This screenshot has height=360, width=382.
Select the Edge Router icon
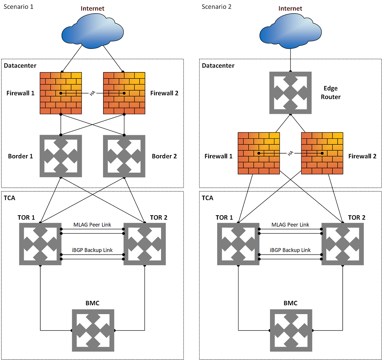click(291, 93)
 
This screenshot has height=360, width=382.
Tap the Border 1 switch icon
click(61, 156)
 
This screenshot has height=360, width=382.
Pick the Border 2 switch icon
click(124, 156)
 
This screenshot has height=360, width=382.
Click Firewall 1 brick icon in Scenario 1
click(61, 93)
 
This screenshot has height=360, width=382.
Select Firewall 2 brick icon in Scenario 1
click(124, 93)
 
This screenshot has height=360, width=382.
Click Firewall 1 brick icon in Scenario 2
click(259, 153)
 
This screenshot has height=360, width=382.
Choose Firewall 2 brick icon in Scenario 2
click(322, 153)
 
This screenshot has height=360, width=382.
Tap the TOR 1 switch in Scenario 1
click(40, 244)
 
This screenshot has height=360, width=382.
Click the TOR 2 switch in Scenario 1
click(145, 244)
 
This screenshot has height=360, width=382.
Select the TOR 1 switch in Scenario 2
click(238, 244)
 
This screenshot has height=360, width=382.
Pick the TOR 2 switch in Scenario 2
click(343, 244)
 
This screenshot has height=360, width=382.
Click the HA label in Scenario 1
click(92, 94)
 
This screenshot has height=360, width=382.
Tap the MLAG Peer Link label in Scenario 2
click(290, 224)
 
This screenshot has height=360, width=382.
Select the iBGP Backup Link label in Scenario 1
click(92, 250)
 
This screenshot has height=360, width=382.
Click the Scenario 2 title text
click(217, 7)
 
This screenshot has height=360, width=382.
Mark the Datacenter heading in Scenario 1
click(20, 65)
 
